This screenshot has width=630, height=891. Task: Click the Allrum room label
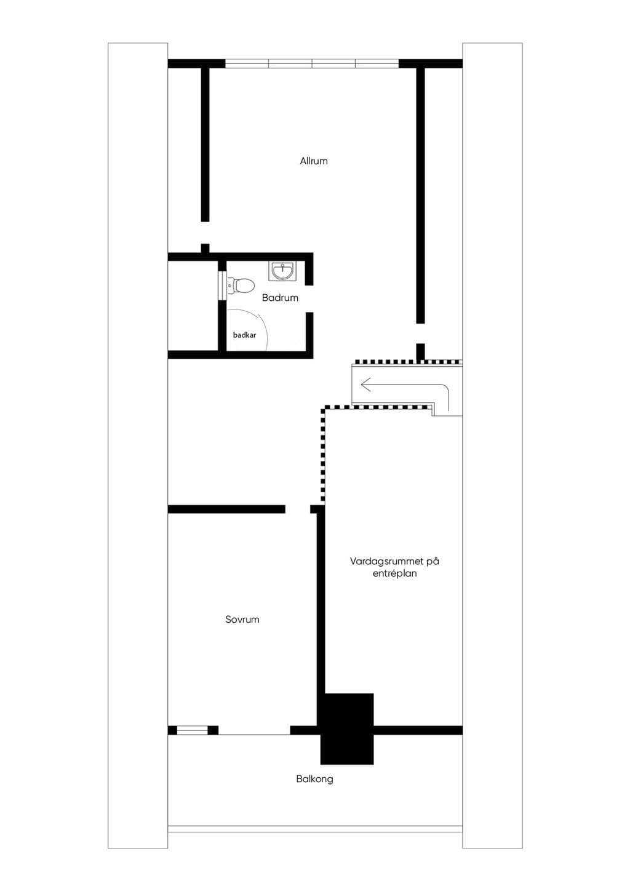314,161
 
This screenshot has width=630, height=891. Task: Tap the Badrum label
280,298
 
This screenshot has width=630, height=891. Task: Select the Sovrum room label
242,619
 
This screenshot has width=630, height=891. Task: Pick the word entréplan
394,573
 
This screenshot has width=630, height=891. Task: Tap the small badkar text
244,335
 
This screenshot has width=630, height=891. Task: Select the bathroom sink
282,271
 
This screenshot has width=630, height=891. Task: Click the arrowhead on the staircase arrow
365,385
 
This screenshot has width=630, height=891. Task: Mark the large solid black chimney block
347,729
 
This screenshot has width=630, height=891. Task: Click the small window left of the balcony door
193,730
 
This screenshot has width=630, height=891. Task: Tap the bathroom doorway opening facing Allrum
309,298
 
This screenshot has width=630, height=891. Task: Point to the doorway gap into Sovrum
298,509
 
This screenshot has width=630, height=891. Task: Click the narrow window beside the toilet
222,286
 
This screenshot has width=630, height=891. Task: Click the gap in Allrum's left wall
205,233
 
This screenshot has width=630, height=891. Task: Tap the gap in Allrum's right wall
420,334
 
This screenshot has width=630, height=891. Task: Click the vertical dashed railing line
323,453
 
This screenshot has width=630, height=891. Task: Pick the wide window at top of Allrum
312,63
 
